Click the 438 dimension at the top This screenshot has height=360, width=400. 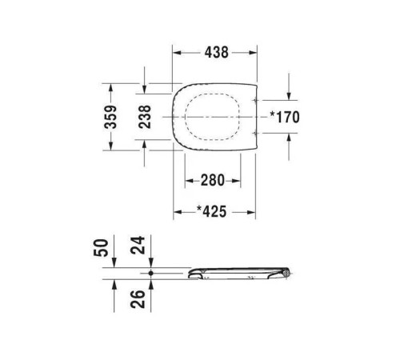click(x=214, y=52)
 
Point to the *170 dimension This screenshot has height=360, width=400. click(x=284, y=117)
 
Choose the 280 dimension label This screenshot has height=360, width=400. click(x=212, y=180)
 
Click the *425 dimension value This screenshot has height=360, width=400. click(x=212, y=212)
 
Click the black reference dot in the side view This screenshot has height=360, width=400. click(x=150, y=273)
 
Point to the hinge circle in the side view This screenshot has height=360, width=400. click(x=288, y=274)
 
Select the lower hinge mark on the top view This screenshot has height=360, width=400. click(x=254, y=130)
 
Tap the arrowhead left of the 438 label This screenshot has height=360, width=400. click(x=179, y=52)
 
